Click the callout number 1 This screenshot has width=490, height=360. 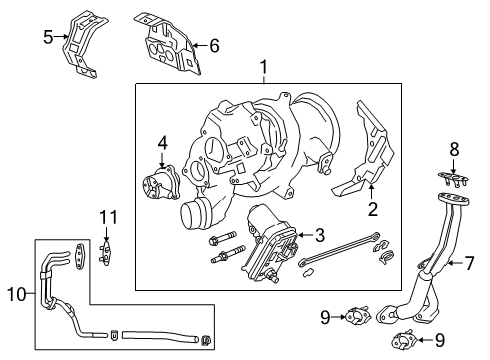pos(264,68)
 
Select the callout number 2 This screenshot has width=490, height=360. pos(372,211)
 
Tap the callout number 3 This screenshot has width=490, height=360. pos(320,235)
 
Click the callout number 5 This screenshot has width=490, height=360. pos(47,38)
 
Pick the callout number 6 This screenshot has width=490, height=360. pos(213,44)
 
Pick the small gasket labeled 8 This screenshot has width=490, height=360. pos(453,180)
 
